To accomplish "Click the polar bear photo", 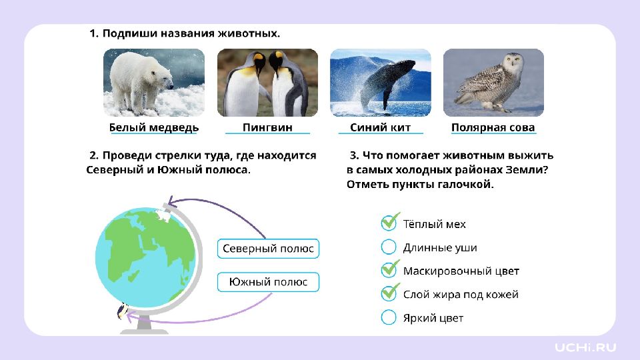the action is click(x=154, y=83).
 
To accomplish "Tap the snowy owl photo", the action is click(x=493, y=83).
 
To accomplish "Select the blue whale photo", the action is click(x=381, y=83).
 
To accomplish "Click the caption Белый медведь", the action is click(x=154, y=128).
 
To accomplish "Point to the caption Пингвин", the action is click(x=267, y=128).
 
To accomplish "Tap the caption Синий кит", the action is click(x=381, y=128).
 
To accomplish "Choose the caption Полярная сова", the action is click(x=493, y=128).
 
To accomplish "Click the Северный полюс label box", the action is click(x=268, y=249).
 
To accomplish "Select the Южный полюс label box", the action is click(x=268, y=282).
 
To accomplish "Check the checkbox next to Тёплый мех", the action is click(x=389, y=223).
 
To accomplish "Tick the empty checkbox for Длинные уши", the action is click(x=389, y=247).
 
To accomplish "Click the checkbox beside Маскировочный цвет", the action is click(x=389, y=270).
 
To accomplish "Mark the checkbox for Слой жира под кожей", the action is click(x=389, y=293).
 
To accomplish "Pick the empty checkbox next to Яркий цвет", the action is click(x=389, y=317).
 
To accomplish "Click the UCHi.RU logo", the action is click(x=585, y=347).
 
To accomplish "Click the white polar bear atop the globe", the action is click(x=163, y=215).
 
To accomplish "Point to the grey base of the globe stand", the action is click(x=144, y=328).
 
